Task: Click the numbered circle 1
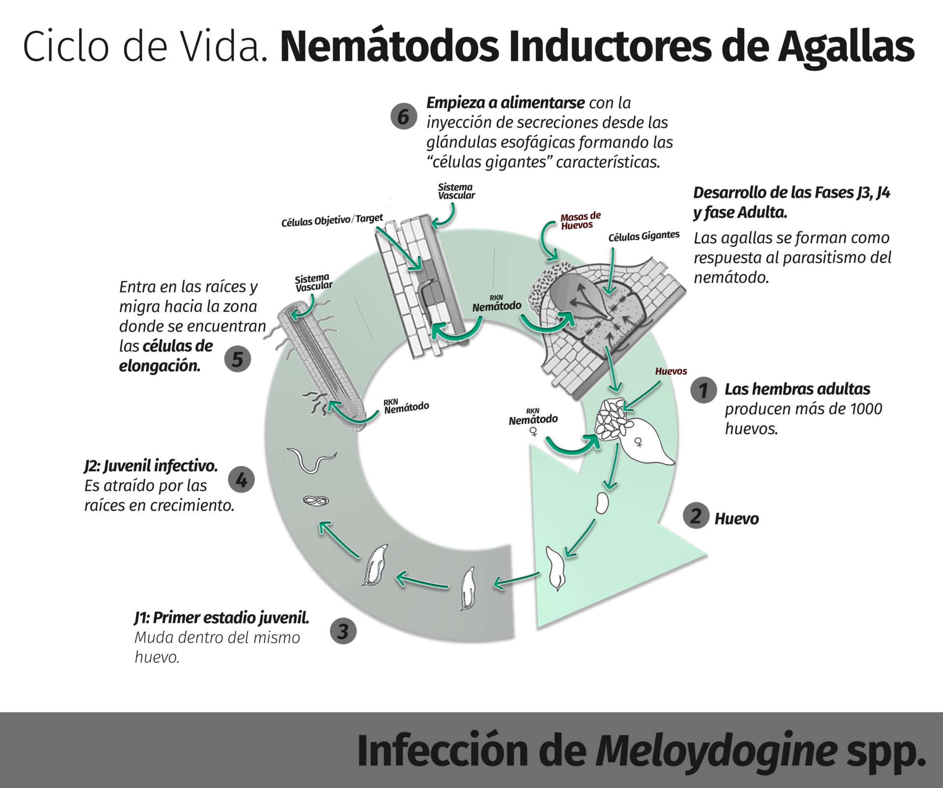[x=703, y=390]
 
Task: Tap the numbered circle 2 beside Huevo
[x=696, y=516]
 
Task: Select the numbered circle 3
[x=343, y=631]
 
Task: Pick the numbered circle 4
[x=241, y=479]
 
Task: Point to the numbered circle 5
[x=237, y=359]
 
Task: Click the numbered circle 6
[x=403, y=117]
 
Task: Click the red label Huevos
[x=671, y=371]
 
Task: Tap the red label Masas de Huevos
[x=580, y=221]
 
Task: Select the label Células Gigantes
[x=643, y=237]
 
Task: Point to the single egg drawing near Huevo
[x=602, y=503]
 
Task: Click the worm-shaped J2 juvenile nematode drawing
[x=311, y=460]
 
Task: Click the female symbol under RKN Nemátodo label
[x=533, y=432]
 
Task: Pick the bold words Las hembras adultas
[x=797, y=389]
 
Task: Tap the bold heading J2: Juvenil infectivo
[x=151, y=465]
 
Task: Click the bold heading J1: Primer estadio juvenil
[x=222, y=618]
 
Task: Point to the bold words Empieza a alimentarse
[x=505, y=103]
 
